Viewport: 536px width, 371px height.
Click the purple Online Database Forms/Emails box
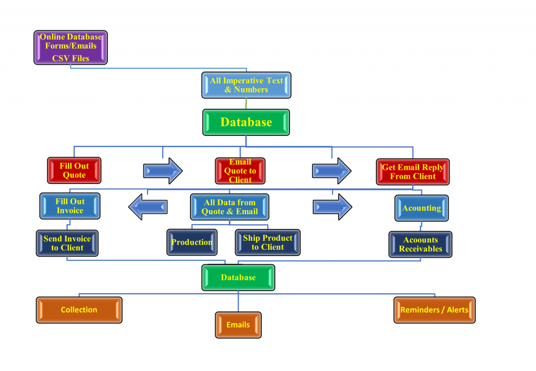coord(71,48)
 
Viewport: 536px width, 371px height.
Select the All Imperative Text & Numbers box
coord(246,85)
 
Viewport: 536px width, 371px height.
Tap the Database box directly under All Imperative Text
coord(246,122)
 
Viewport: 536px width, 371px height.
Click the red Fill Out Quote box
coord(74,170)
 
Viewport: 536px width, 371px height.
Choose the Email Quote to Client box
coord(240,171)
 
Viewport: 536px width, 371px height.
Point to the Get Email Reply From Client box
coord(412,172)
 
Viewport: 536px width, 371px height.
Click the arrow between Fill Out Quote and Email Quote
coord(163,171)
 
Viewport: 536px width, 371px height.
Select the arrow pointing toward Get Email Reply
coord(332,171)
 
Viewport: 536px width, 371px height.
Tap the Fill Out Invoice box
coord(70,206)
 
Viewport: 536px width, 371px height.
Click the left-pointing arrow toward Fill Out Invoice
coord(148,207)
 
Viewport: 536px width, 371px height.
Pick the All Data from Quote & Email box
coord(229,207)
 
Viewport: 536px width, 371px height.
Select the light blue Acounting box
coord(421,208)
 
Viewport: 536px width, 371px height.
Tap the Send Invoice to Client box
coord(67,244)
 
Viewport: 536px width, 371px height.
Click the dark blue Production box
coord(192,242)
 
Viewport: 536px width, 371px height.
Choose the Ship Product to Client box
coord(267,242)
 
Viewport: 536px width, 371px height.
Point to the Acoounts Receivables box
coord(420,245)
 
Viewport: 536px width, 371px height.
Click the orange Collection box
coord(79,310)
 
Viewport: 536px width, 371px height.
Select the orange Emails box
coord(238,325)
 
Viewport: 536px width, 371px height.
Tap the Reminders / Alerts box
coord(434,310)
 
